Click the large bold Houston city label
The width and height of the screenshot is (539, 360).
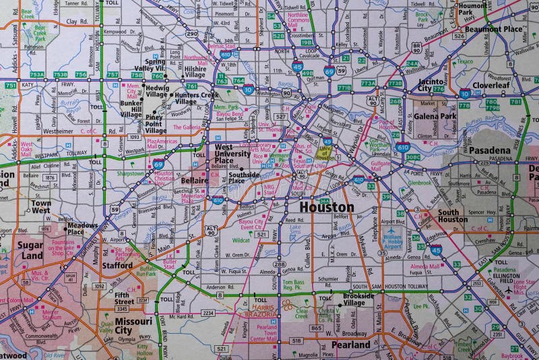pyautogui.click(x=326, y=207)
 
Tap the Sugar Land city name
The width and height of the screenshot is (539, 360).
pyautogui.click(x=30, y=251)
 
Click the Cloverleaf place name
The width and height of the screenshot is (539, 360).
pyautogui.click(x=490, y=86)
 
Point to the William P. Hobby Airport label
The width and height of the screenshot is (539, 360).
pyautogui.click(x=393, y=241)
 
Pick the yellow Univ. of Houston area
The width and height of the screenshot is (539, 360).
pyautogui.click(x=326, y=153)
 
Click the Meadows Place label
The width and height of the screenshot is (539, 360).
pyautogui.click(x=82, y=229)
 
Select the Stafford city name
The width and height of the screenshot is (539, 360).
pyautogui.click(x=117, y=266)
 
